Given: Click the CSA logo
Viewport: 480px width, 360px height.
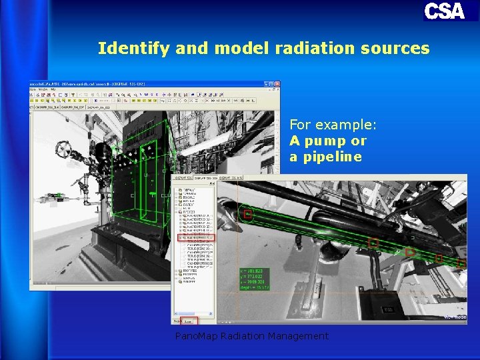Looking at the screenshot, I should pyautogui.click(x=444, y=11).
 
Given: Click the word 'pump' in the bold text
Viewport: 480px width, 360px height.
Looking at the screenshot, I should pyautogui.click(x=327, y=141).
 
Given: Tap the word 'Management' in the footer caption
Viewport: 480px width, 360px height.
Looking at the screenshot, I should pyautogui.click(x=299, y=337).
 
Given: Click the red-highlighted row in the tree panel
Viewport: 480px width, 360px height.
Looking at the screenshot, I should pyautogui.click(x=197, y=237).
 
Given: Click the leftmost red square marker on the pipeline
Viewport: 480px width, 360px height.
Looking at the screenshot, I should pyautogui.click(x=248, y=214).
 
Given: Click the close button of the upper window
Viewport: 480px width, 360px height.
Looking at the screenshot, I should pyautogui.click(x=277, y=84).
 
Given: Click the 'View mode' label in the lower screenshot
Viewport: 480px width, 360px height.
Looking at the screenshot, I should pyautogui.click(x=455, y=317).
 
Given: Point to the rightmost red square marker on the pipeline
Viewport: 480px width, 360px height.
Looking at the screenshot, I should pyautogui.click(x=461, y=264).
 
